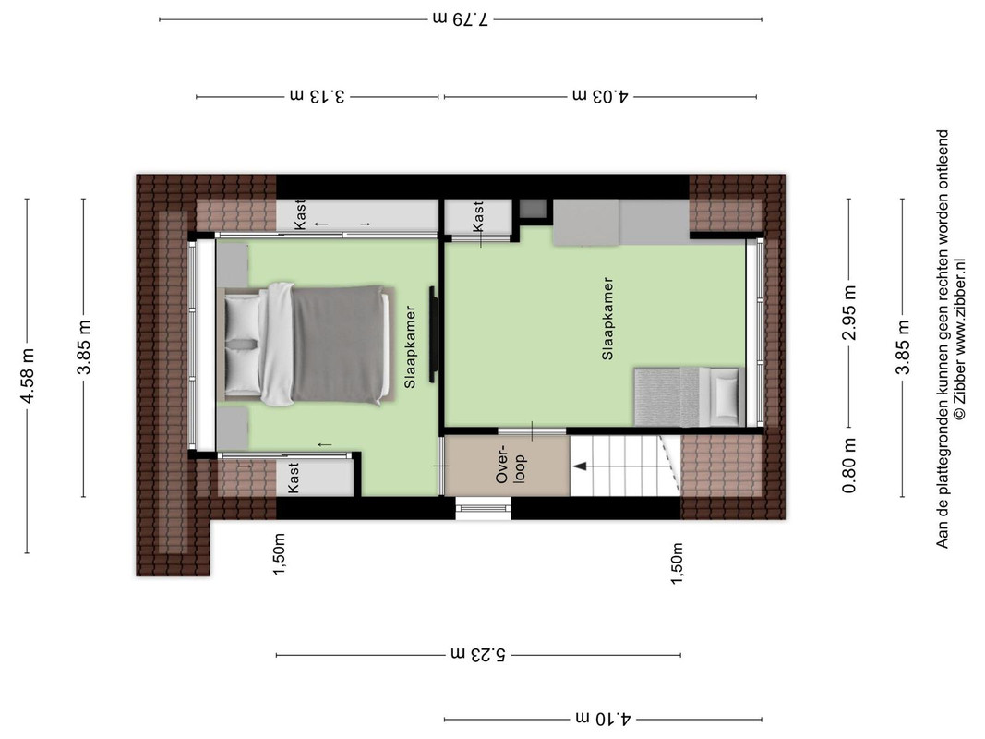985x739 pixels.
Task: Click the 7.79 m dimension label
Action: [x=461, y=18]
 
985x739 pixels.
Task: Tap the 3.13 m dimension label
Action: [x=318, y=96]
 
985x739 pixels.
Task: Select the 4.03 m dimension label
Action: [x=601, y=96]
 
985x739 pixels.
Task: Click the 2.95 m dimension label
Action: [x=848, y=313]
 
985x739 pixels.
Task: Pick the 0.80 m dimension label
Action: [x=848, y=466]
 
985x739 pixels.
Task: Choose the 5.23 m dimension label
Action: [x=477, y=654]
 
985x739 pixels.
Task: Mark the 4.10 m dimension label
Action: [x=603, y=719]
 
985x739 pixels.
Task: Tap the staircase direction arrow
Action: [x=579, y=466]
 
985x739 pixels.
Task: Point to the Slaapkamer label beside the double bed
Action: [x=410, y=346]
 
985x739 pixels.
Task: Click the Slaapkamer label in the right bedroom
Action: [x=607, y=319]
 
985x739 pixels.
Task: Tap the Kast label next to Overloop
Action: [x=293, y=478]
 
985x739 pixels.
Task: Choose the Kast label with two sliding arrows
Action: [x=300, y=215]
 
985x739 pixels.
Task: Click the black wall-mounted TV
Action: [x=432, y=333]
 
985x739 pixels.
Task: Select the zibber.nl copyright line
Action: [x=958, y=339]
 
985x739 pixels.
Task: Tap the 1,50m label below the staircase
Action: [x=678, y=563]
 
